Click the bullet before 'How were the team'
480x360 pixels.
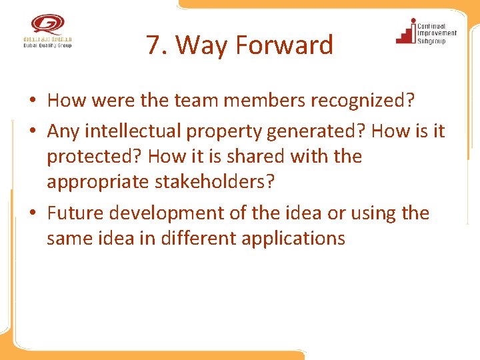(32, 101)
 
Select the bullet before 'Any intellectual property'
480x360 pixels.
(32, 131)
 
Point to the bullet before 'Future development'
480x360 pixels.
(32, 213)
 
